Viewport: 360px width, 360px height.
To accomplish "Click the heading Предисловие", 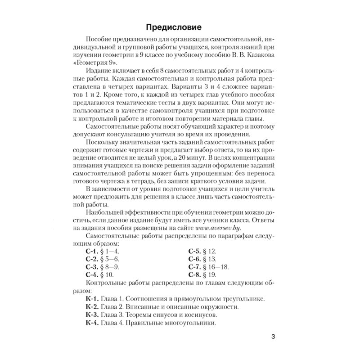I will coord(180,26).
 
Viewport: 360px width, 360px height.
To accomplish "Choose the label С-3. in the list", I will coord(91,267).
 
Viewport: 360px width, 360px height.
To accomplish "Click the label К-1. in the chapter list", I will coord(92,299).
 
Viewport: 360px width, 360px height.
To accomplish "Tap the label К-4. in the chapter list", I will coord(92,323).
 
